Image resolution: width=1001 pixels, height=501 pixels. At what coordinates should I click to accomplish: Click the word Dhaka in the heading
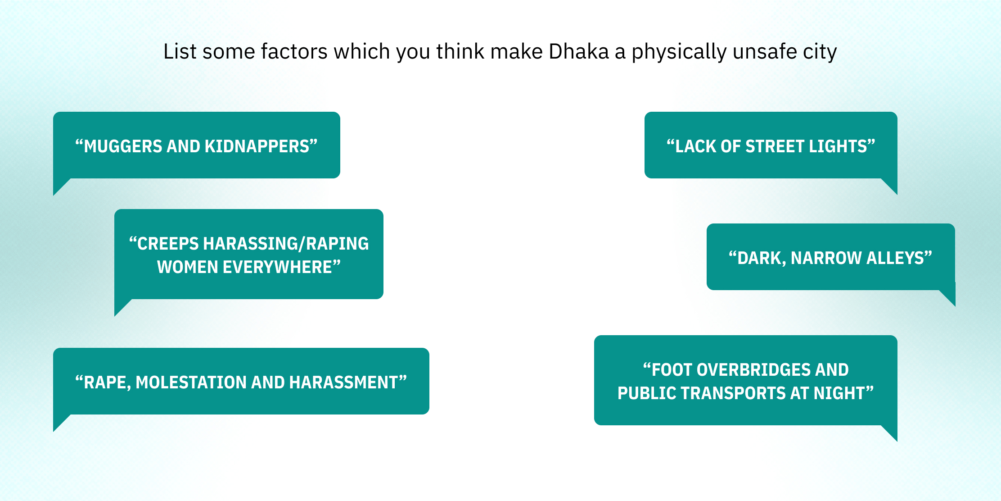click(x=579, y=51)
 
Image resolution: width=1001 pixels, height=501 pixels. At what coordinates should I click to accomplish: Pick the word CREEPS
click(x=168, y=244)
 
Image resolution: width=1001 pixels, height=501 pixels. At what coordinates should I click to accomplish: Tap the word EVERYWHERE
click(x=277, y=267)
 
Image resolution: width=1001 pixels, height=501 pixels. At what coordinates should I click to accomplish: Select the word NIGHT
click(x=839, y=393)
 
